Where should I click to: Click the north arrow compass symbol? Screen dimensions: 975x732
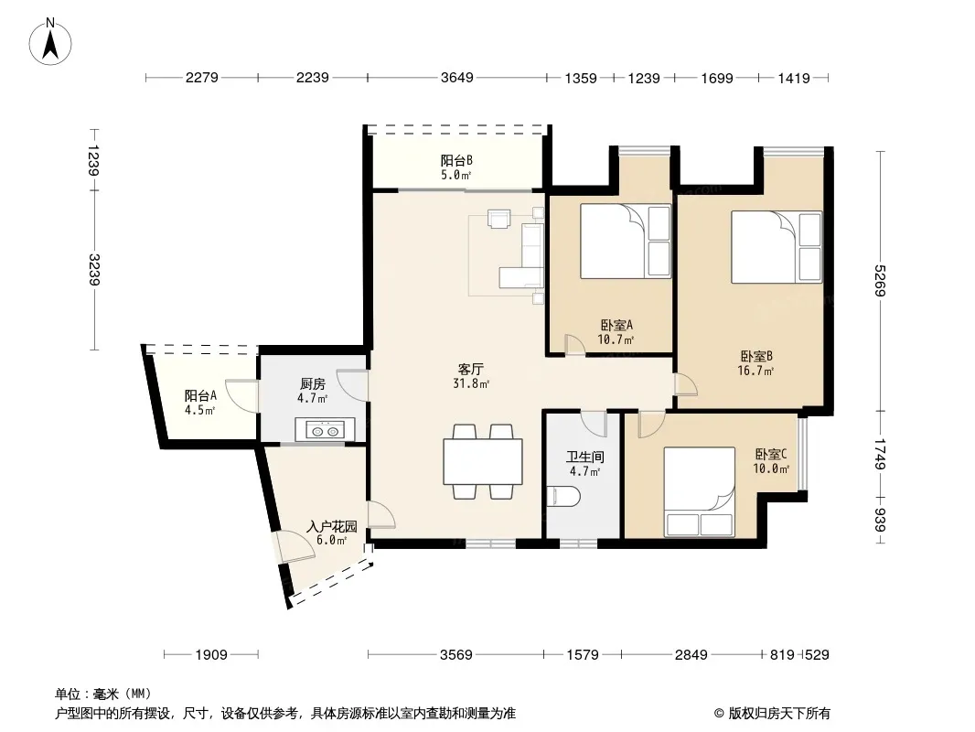(x=50, y=42)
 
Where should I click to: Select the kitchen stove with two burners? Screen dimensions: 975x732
(x=326, y=430)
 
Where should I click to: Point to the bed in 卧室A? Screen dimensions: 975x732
(x=626, y=242)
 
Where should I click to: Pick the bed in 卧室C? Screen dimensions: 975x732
(x=700, y=492)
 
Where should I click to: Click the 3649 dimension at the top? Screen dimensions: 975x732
(x=457, y=78)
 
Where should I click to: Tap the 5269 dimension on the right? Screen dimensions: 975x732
(x=880, y=281)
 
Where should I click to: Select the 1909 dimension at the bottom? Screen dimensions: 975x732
(x=211, y=654)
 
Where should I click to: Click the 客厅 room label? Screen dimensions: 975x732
(x=471, y=370)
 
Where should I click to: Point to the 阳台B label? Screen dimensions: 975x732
(x=456, y=160)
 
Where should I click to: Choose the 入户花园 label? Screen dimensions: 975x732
(x=332, y=527)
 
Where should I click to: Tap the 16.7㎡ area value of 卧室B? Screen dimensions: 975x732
(x=755, y=371)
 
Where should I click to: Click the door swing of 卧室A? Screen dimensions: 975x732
(x=574, y=345)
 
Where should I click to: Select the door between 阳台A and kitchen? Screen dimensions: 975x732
(x=241, y=395)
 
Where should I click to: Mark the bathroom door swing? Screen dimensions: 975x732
(x=594, y=423)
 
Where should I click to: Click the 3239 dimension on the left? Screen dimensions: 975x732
(x=94, y=269)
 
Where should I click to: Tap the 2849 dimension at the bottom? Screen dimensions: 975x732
(x=691, y=654)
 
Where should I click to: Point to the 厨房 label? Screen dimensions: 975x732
(x=312, y=384)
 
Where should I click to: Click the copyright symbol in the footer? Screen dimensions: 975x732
(x=720, y=714)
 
